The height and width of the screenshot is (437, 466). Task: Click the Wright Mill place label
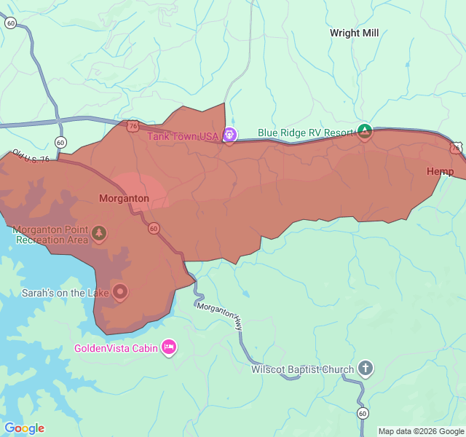(x=354, y=33)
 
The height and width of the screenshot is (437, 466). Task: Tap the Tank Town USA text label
(x=183, y=135)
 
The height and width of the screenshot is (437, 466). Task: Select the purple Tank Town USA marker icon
(x=229, y=135)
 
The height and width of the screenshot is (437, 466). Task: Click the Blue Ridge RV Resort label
(x=305, y=133)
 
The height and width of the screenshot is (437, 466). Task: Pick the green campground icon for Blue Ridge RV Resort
(x=365, y=132)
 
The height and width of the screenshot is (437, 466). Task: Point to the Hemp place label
(x=440, y=171)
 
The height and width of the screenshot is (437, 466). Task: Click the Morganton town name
(x=124, y=198)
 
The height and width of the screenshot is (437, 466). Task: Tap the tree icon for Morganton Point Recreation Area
(x=99, y=233)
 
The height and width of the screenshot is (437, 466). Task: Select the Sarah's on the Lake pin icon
(x=120, y=293)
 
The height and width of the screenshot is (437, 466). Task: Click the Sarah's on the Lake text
(x=65, y=293)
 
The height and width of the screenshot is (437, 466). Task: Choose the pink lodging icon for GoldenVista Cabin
(x=169, y=347)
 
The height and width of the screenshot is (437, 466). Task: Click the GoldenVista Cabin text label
(x=116, y=348)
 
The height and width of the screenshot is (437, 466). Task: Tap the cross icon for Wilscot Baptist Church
(x=365, y=369)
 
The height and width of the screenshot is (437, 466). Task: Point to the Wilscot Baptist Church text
(x=302, y=369)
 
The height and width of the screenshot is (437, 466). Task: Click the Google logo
(x=24, y=428)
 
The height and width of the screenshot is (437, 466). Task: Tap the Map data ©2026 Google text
(x=421, y=431)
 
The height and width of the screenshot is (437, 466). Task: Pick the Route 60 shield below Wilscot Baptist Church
(x=363, y=413)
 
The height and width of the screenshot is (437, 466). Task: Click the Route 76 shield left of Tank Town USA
(x=132, y=126)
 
